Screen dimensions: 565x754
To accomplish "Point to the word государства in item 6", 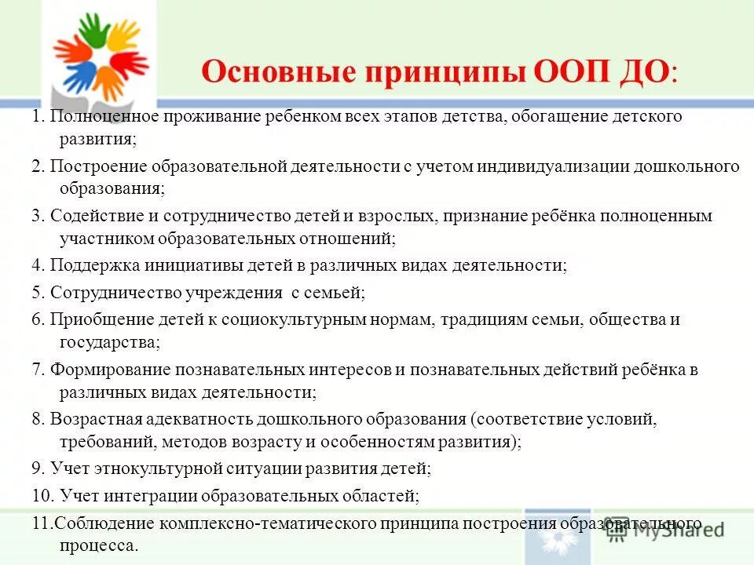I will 108,341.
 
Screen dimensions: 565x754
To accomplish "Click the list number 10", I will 42,496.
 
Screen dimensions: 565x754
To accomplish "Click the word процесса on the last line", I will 97,545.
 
